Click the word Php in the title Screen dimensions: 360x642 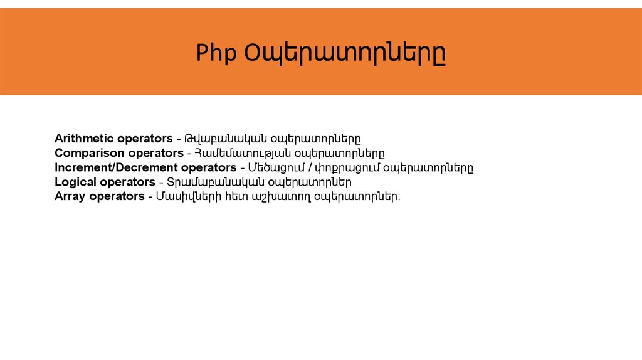coord(216,53)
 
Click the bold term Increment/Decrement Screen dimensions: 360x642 coord(117,167)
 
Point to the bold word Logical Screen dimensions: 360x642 coord(75,182)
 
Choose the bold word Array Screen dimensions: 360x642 coord(70,196)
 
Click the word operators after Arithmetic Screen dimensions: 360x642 coord(145,138)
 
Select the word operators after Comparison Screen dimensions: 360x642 coord(155,153)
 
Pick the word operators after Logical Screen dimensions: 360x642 coord(127,182)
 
